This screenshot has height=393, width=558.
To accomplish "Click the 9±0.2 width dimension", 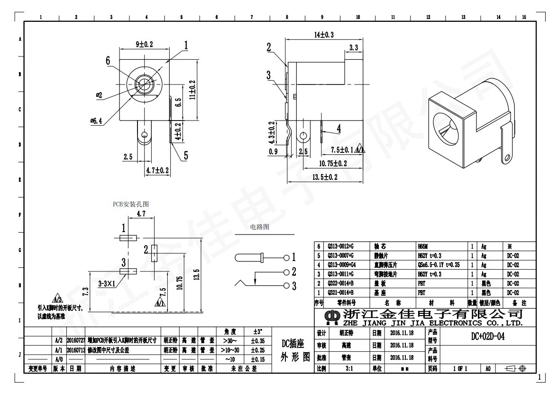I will click(145, 44).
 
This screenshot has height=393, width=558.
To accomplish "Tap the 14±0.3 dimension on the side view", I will click(324, 35).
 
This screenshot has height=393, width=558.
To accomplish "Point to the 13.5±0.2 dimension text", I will click(325, 177).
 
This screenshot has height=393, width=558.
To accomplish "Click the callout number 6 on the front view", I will click(108, 61).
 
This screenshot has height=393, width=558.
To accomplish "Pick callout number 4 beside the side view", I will click(339, 128).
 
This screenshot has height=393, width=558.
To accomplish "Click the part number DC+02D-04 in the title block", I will click(488, 337).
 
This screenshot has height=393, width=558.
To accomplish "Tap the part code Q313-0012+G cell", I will click(341, 247).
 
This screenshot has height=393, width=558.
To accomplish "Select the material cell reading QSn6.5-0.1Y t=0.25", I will click(439, 265).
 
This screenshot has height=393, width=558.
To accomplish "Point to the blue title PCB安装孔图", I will click(130, 204).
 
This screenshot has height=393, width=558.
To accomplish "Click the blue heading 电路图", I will click(259, 227).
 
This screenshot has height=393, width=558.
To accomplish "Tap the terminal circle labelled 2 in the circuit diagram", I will click(286, 272).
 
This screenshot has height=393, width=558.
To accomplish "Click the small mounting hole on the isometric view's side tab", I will click(508, 157).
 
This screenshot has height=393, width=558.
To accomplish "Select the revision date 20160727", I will click(76, 341).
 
